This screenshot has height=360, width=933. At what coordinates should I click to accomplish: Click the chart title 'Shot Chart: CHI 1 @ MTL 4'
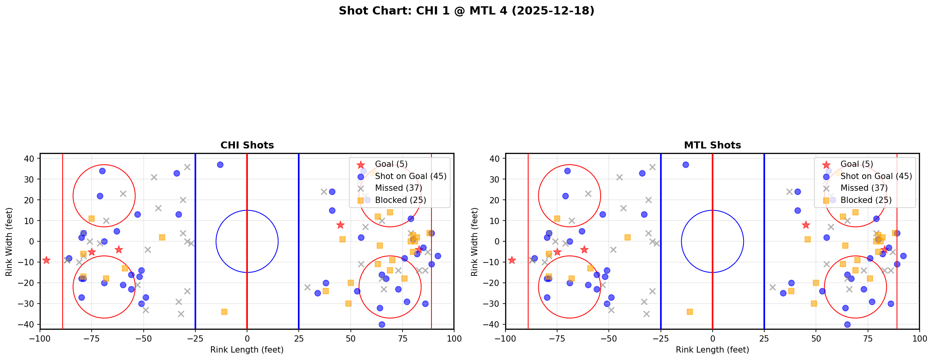[466, 11]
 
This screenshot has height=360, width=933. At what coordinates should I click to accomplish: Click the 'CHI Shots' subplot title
[247, 145]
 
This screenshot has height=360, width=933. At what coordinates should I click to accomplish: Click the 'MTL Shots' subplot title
[712, 145]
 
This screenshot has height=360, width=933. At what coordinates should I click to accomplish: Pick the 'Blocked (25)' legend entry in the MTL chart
[866, 200]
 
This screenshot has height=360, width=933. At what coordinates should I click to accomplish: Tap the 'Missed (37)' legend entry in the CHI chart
[398, 188]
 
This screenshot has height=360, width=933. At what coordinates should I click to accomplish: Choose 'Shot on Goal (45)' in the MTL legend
[876, 176]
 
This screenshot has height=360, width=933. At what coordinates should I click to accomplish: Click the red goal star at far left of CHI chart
[46, 260]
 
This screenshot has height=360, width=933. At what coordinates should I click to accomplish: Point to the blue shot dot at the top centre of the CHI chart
[220, 165]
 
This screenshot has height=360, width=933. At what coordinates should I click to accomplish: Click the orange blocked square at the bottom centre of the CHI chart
[224, 312]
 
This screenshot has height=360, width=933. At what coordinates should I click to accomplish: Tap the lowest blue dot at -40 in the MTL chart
[847, 324]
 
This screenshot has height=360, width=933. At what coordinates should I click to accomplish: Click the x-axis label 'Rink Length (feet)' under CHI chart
[247, 350]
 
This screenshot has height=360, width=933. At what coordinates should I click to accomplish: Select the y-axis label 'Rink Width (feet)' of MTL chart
[474, 242]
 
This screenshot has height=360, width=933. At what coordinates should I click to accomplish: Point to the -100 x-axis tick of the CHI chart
[40, 338]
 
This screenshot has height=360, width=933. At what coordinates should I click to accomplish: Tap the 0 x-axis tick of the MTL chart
[712, 338]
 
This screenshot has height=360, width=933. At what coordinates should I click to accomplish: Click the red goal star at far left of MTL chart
[512, 260]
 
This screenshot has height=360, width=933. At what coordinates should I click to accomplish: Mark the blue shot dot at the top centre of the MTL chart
[686, 165]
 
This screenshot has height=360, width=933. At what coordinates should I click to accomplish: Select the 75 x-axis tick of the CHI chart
[402, 338]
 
